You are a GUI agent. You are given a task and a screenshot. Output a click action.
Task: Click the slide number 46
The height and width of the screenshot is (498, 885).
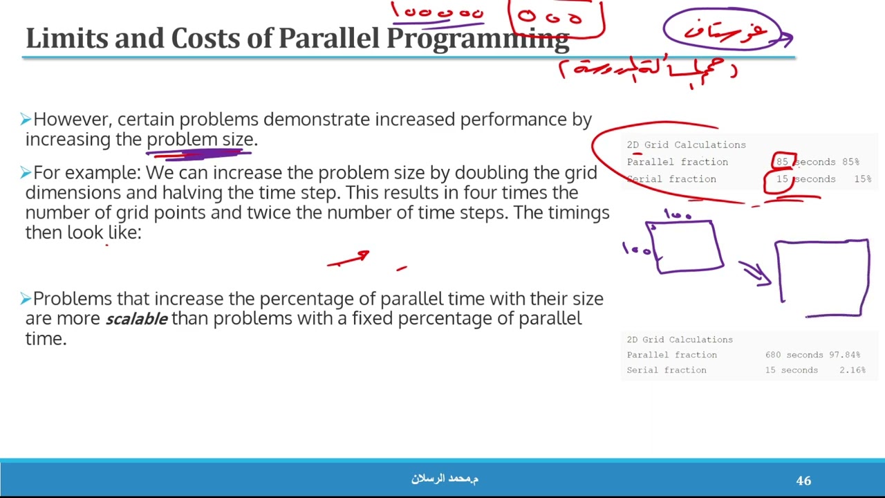tap(803, 480)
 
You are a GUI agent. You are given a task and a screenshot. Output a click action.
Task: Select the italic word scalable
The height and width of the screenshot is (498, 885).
tap(136, 319)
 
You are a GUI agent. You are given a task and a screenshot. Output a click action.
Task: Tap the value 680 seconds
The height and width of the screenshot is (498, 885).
tap(790, 355)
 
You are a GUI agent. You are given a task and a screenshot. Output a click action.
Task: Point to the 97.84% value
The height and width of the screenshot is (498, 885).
tap(844, 355)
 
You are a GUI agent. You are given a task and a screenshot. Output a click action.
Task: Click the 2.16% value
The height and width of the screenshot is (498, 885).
tap(852, 370)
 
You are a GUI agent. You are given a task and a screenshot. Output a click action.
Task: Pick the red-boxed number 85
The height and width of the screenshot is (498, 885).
tap(782, 162)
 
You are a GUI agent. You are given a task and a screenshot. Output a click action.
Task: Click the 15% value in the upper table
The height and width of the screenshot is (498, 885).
tap(861, 179)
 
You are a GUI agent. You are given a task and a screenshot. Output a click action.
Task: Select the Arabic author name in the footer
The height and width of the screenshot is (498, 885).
tap(445, 479)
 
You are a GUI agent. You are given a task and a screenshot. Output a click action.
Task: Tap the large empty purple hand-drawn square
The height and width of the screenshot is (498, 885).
tap(822, 277)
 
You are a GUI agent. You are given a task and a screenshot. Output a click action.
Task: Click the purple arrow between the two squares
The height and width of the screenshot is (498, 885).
tap(754, 272)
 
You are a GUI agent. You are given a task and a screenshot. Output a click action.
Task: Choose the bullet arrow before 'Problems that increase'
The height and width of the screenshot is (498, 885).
tap(26, 299)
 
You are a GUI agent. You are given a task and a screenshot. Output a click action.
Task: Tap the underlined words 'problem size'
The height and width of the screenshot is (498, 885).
tap(200, 140)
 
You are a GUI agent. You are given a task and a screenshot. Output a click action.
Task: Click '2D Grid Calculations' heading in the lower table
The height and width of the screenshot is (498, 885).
tap(680, 340)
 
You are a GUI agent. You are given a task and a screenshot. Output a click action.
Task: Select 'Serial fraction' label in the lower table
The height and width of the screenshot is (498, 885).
tap(667, 370)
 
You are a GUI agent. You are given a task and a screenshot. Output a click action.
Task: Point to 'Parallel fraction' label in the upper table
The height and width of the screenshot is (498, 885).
tap(677, 162)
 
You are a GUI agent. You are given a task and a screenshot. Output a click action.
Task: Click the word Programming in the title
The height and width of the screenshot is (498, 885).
tap(477, 39)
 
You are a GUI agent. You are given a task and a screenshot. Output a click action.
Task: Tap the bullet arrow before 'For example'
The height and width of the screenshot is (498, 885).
tap(26, 173)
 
